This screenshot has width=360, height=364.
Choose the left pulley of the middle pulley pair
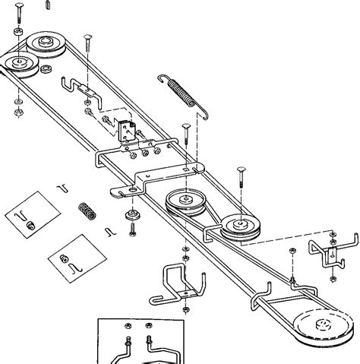tap(183, 203)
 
